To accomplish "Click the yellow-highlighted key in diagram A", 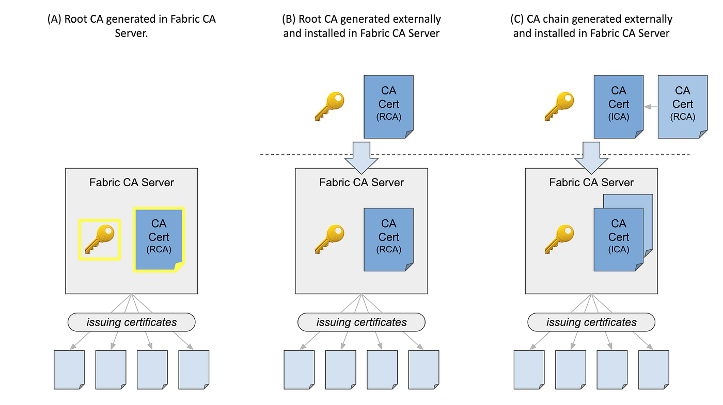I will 99,239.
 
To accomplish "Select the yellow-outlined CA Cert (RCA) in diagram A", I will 159,239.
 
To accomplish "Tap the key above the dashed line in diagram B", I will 329,107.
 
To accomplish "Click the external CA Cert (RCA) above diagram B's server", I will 388,107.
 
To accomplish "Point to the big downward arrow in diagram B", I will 360,156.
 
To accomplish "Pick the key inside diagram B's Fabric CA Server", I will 329,239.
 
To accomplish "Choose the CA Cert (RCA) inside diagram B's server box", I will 388,239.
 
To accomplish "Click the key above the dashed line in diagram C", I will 559,107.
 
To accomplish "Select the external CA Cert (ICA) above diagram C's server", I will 618,107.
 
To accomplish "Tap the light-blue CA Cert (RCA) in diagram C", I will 682,107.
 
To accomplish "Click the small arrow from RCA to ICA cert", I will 650,107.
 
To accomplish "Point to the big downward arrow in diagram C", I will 590,156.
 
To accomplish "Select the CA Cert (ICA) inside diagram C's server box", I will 618,239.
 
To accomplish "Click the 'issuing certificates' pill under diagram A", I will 132,322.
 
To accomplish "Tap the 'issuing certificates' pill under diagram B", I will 361,322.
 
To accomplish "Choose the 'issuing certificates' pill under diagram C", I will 591,322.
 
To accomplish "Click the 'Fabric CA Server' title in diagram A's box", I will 132,182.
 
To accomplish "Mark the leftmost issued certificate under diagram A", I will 69,369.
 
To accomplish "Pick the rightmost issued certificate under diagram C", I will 653,369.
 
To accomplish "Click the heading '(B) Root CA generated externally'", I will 361,20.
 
